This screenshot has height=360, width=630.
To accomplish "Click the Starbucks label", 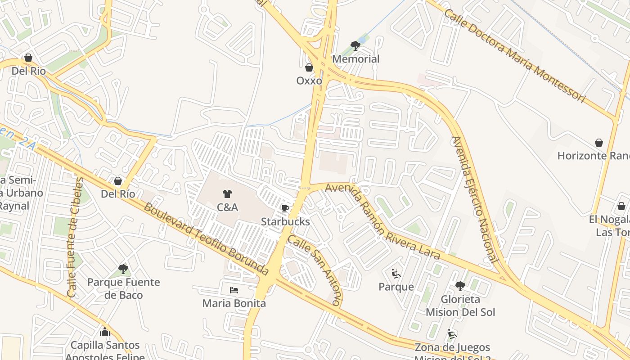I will click(285, 222).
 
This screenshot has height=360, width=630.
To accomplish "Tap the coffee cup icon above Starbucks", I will click(285, 208).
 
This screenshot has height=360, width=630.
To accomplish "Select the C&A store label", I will click(227, 207).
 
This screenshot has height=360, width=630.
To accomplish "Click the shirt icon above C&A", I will click(227, 194).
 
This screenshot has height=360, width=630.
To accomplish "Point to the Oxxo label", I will click(309, 81).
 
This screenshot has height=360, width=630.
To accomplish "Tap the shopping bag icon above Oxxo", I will click(309, 67).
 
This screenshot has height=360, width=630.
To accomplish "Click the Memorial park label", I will click(355, 59).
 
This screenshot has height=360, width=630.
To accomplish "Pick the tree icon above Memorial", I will click(355, 45).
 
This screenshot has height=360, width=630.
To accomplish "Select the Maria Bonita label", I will click(234, 303).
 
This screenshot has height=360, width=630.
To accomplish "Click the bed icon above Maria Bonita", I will click(234, 290).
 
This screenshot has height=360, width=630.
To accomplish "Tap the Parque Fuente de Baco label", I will click(123, 289).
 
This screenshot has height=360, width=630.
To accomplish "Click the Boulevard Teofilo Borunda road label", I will click(207, 239).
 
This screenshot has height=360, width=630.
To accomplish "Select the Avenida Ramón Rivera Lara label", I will click(382, 221).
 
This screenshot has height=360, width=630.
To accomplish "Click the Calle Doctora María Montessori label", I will click(516, 55).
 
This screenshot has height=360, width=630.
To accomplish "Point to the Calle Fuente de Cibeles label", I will click(75, 237).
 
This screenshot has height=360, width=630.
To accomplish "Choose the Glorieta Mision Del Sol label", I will click(460, 306).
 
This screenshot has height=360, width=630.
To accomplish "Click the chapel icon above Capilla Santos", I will click(105, 332).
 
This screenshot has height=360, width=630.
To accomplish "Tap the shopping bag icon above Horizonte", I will click(599, 143).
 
